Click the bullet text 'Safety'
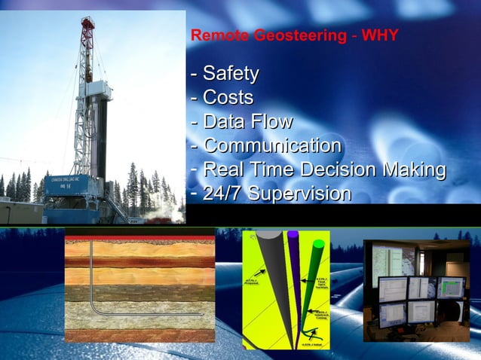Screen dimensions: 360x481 pos(231,74)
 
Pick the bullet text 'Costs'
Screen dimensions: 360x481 pos(228,98)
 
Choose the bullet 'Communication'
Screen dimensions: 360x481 pos(272,145)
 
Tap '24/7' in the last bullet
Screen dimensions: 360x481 pos(224,194)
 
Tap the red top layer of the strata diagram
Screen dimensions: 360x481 pos(139,237)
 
